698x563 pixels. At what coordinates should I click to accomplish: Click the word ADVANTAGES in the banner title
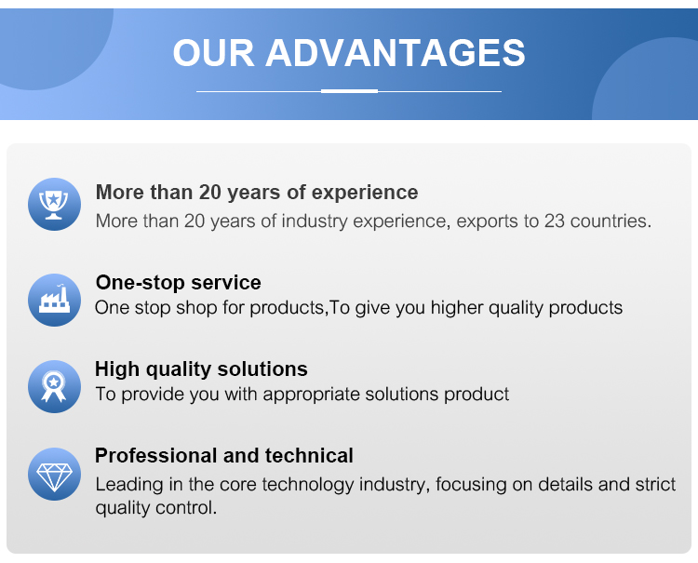(x=396, y=53)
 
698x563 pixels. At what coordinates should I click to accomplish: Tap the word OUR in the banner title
(x=213, y=53)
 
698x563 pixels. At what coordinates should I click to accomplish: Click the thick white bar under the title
(x=349, y=91)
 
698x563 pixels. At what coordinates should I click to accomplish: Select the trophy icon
(x=54, y=205)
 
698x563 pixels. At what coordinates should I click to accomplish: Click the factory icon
(x=54, y=300)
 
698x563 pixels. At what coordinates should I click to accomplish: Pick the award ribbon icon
(x=54, y=386)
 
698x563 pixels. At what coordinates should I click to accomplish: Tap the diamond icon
(x=54, y=474)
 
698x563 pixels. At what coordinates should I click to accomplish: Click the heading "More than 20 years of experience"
(x=257, y=193)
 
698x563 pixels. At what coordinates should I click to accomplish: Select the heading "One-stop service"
(x=178, y=283)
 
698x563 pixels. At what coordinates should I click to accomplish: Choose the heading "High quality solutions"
(x=201, y=369)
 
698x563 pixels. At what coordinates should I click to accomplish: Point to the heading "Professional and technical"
(x=224, y=456)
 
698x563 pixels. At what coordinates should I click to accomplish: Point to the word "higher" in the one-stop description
(x=457, y=308)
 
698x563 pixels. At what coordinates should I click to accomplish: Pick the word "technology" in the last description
(x=308, y=485)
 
